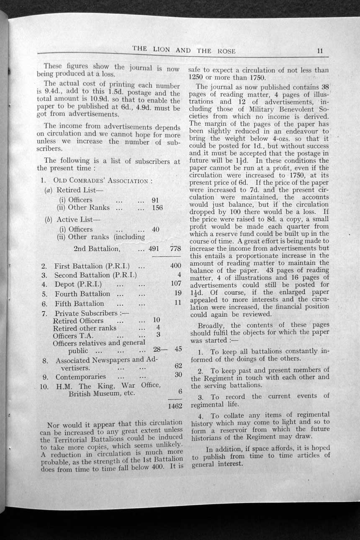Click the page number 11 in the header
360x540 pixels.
320,51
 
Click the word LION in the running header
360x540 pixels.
161,49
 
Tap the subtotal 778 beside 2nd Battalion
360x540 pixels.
176,249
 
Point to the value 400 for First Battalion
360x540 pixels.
176,266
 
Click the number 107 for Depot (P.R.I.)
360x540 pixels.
176,284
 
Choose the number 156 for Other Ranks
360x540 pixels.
157,208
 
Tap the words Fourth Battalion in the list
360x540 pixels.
82,294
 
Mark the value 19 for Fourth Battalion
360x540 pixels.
178,293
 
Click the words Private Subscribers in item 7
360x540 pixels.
87,313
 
